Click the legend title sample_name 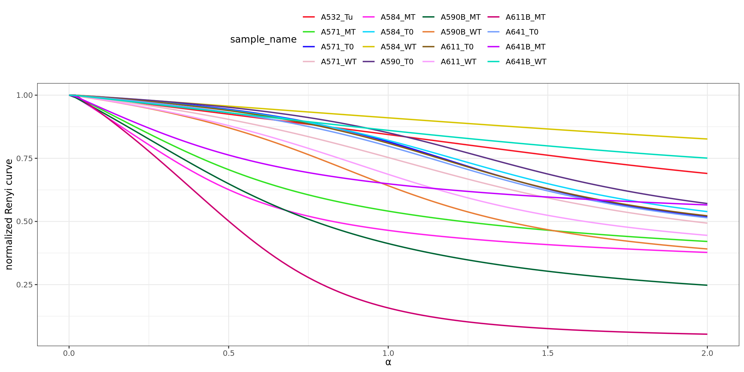tap(263, 39)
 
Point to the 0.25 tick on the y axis tap(25, 285)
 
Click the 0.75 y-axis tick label tap(25, 158)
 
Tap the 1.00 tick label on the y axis tap(25, 95)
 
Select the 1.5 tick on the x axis tap(548, 353)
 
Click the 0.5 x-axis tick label tap(229, 353)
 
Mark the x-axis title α tap(388, 362)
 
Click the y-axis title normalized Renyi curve tap(9, 214)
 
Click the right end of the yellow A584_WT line tap(707, 139)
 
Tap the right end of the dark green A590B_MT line tap(707, 285)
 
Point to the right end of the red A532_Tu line tap(707, 173)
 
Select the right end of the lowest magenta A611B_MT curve tap(707, 334)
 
